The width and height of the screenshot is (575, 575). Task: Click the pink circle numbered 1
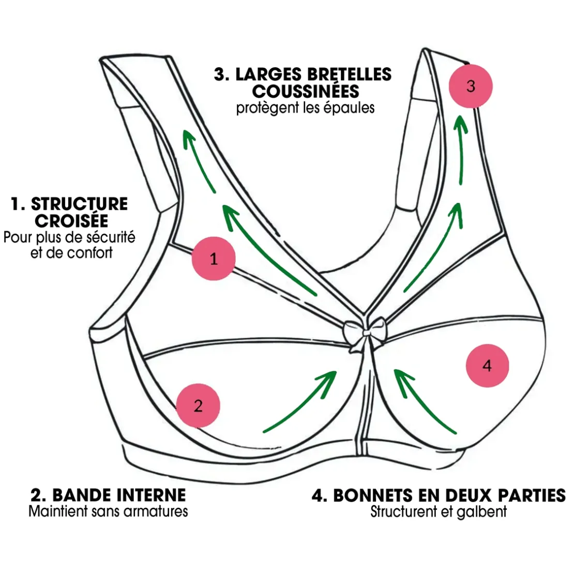(x=214, y=259)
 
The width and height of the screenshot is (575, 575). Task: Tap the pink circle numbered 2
(x=198, y=406)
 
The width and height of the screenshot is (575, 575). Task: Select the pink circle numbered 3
(x=470, y=86)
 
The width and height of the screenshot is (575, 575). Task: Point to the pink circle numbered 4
(x=487, y=366)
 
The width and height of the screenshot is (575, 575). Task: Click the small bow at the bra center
(x=366, y=330)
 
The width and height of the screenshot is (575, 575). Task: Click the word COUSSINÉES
(x=306, y=91)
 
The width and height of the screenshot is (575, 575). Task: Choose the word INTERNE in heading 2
(x=152, y=495)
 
